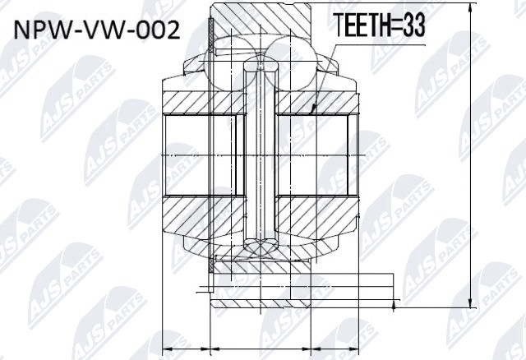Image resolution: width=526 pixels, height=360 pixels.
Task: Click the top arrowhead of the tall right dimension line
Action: [x=469, y=10]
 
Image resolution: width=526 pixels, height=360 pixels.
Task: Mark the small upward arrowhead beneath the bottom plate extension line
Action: [x=394, y=307]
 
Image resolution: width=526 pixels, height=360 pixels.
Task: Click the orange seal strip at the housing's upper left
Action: [x=212, y=37]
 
